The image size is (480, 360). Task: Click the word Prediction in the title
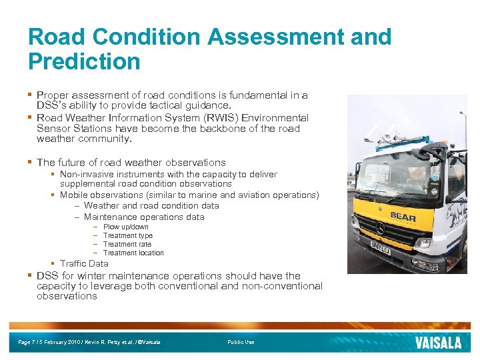(x=84, y=61)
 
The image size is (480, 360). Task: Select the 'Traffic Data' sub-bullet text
(x=84, y=263)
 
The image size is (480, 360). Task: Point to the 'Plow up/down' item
(x=125, y=227)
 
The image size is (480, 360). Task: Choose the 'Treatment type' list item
(x=127, y=235)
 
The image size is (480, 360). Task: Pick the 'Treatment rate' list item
(x=127, y=244)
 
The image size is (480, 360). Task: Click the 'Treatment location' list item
(x=133, y=253)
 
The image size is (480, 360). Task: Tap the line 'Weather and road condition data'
(x=151, y=205)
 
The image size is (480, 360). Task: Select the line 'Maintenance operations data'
(x=144, y=217)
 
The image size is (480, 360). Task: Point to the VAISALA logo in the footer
(x=438, y=342)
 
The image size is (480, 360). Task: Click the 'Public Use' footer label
(x=241, y=342)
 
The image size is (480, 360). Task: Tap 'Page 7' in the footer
(x=27, y=342)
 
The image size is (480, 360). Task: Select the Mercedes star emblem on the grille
(x=380, y=228)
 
